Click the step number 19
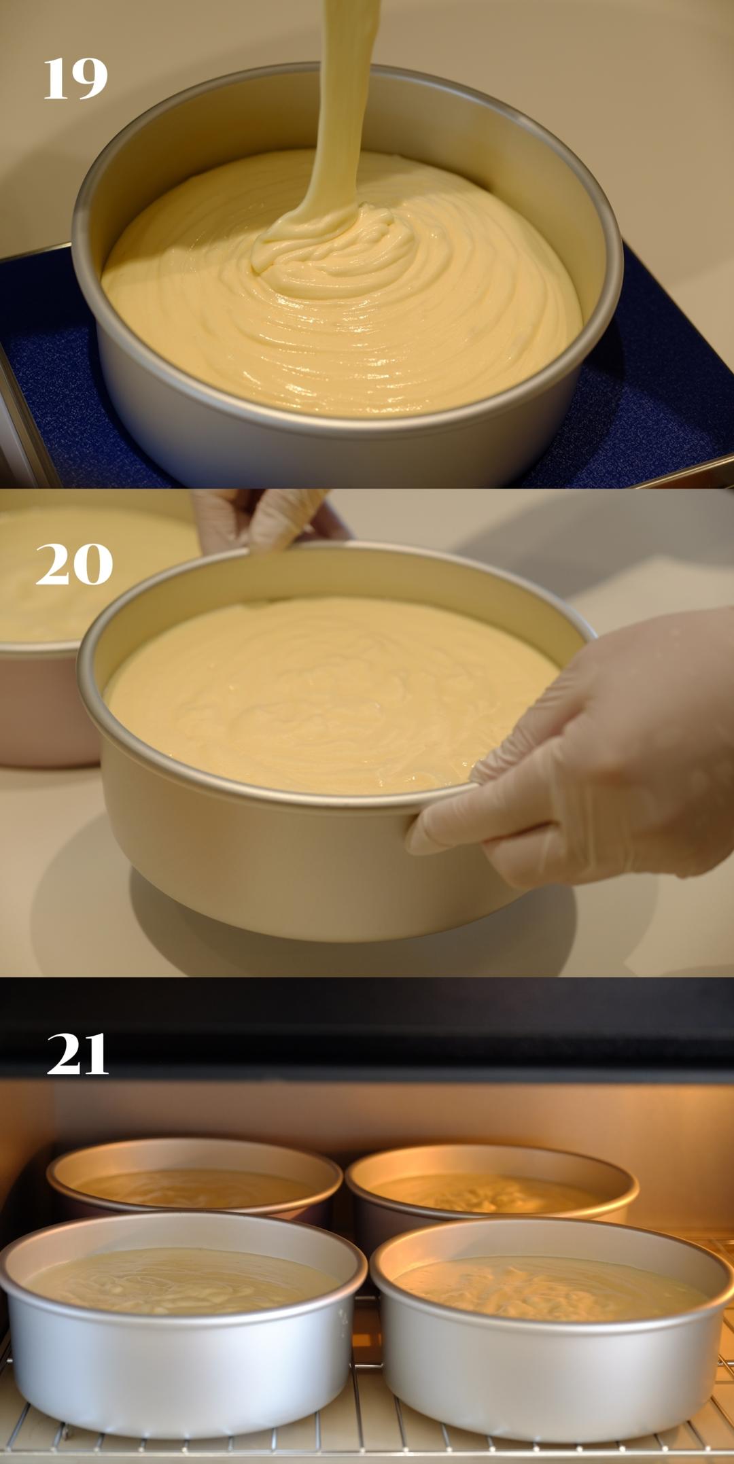pyautogui.click(x=75, y=79)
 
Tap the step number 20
pyautogui.click(x=74, y=564)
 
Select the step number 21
pyautogui.click(x=77, y=1054)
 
